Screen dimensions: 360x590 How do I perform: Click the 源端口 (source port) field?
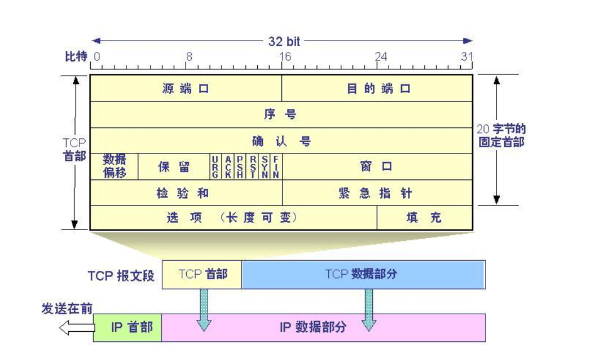click(x=186, y=89)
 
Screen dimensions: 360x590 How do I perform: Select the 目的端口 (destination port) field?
click(x=377, y=89)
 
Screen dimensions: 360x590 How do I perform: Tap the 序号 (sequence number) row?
click(x=281, y=115)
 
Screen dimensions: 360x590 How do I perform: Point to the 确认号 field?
click(x=281, y=141)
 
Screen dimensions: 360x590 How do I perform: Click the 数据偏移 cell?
click(x=115, y=166)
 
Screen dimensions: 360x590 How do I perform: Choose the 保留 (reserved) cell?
click(x=174, y=166)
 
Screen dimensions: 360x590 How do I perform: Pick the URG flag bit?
click(x=214, y=166)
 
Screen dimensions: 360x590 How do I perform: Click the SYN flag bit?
click(x=265, y=166)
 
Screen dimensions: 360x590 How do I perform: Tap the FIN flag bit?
click(x=276, y=166)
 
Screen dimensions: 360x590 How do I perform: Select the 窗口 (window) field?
click(x=377, y=166)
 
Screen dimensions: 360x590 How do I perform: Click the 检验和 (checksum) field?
click(x=186, y=193)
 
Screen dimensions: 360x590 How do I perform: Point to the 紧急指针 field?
click(x=377, y=193)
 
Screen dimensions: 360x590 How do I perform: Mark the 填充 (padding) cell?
click(x=424, y=218)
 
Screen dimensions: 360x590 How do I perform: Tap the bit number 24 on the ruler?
click(x=381, y=56)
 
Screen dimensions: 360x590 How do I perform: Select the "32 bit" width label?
click(x=284, y=41)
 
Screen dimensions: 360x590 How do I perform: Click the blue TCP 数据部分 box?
click(x=363, y=274)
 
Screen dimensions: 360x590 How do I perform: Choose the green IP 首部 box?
click(x=127, y=327)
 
